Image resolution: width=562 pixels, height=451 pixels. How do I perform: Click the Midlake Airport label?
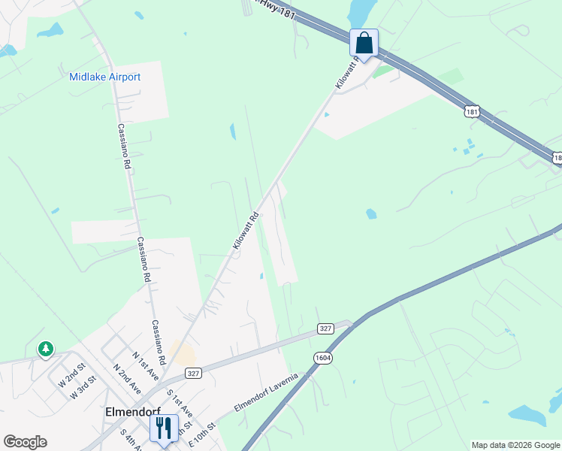point(104,77)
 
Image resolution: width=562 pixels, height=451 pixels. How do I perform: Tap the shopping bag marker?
point(364,43)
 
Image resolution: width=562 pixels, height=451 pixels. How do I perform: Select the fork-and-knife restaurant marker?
point(164,428)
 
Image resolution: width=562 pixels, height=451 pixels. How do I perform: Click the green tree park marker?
point(46,349)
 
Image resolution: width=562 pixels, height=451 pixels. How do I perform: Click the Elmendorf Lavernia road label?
point(266,392)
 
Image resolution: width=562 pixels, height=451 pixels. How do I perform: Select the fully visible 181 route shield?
point(471,111)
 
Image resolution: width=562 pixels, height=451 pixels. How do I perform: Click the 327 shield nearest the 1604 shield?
point(325,328)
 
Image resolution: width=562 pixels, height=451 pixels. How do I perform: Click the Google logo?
point(25,442)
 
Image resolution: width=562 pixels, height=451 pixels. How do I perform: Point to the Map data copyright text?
point(515,445)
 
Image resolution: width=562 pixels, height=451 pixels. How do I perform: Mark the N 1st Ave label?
point(145,364)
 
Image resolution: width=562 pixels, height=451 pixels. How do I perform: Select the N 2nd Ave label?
point(127,380)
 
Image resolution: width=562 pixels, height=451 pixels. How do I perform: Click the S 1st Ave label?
point(180,404)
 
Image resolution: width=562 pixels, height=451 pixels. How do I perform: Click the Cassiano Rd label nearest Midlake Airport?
point(125,147)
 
